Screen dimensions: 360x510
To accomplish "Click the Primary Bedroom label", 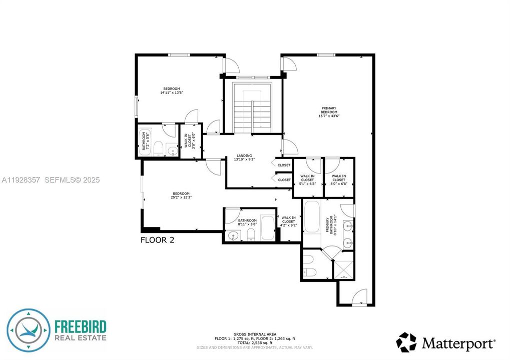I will (x=329, y=111).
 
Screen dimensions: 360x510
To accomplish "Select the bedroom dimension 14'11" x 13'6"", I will (x=172, y=92).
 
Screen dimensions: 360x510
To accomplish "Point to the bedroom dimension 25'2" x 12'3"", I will (x=181, y=197).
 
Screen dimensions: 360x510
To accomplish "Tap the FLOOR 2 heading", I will (x=157, y=240).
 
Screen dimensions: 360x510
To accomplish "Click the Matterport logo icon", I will (x=406, y=342).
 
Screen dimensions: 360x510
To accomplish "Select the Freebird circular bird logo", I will (x=29, y=330).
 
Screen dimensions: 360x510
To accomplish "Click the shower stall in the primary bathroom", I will (x=344, y=265).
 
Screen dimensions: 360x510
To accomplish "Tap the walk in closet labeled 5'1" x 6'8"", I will (x=307, y=180).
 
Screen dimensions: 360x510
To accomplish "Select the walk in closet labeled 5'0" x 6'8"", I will (x=339, y=180).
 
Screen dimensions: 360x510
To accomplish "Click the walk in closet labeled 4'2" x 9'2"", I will (x=289, y=222).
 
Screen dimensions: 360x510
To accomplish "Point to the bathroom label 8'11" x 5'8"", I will (x=247, y=222).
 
